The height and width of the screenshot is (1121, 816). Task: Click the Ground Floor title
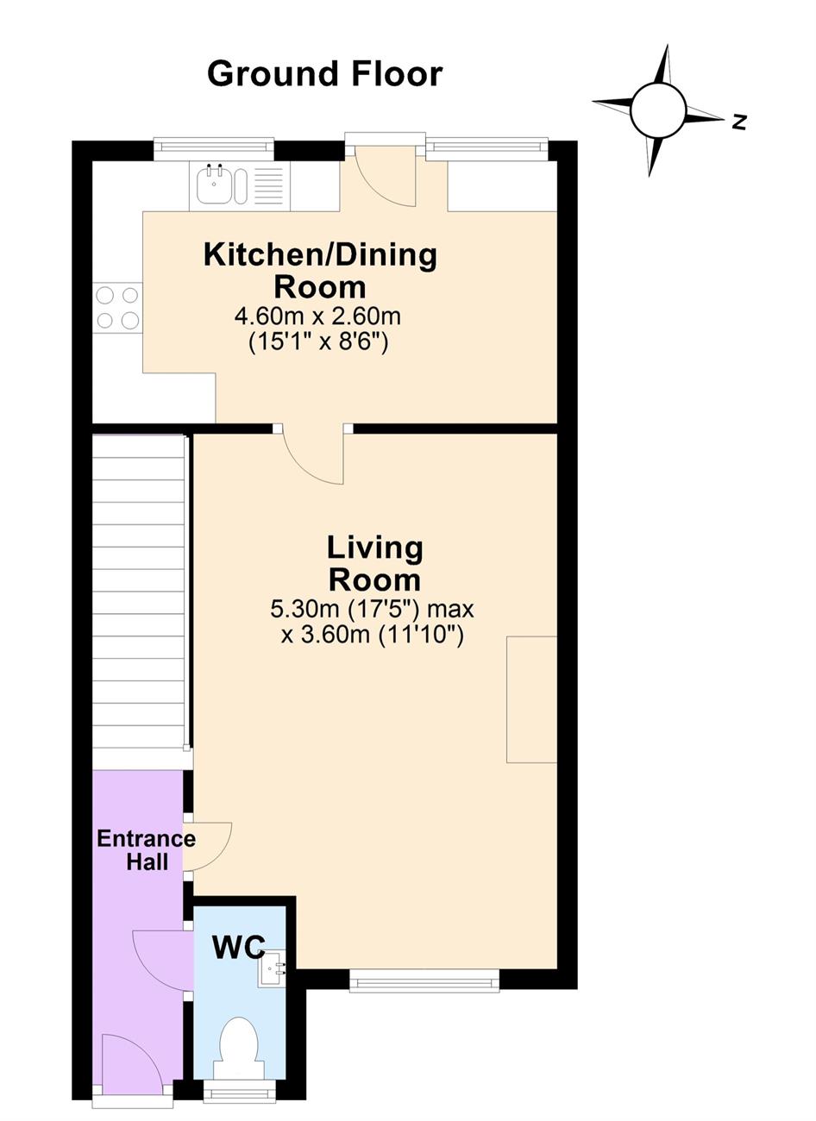325,74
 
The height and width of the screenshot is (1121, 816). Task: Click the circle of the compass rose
658,110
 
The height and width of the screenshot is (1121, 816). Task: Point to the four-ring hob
117,307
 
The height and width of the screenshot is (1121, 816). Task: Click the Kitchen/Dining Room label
320,271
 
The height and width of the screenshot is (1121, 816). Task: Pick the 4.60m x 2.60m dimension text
318,316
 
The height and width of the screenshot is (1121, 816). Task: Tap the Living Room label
374,563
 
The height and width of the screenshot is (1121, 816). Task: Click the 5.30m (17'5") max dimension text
372,610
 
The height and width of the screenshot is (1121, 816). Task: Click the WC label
239,947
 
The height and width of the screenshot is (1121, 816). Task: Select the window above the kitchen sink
214,149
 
